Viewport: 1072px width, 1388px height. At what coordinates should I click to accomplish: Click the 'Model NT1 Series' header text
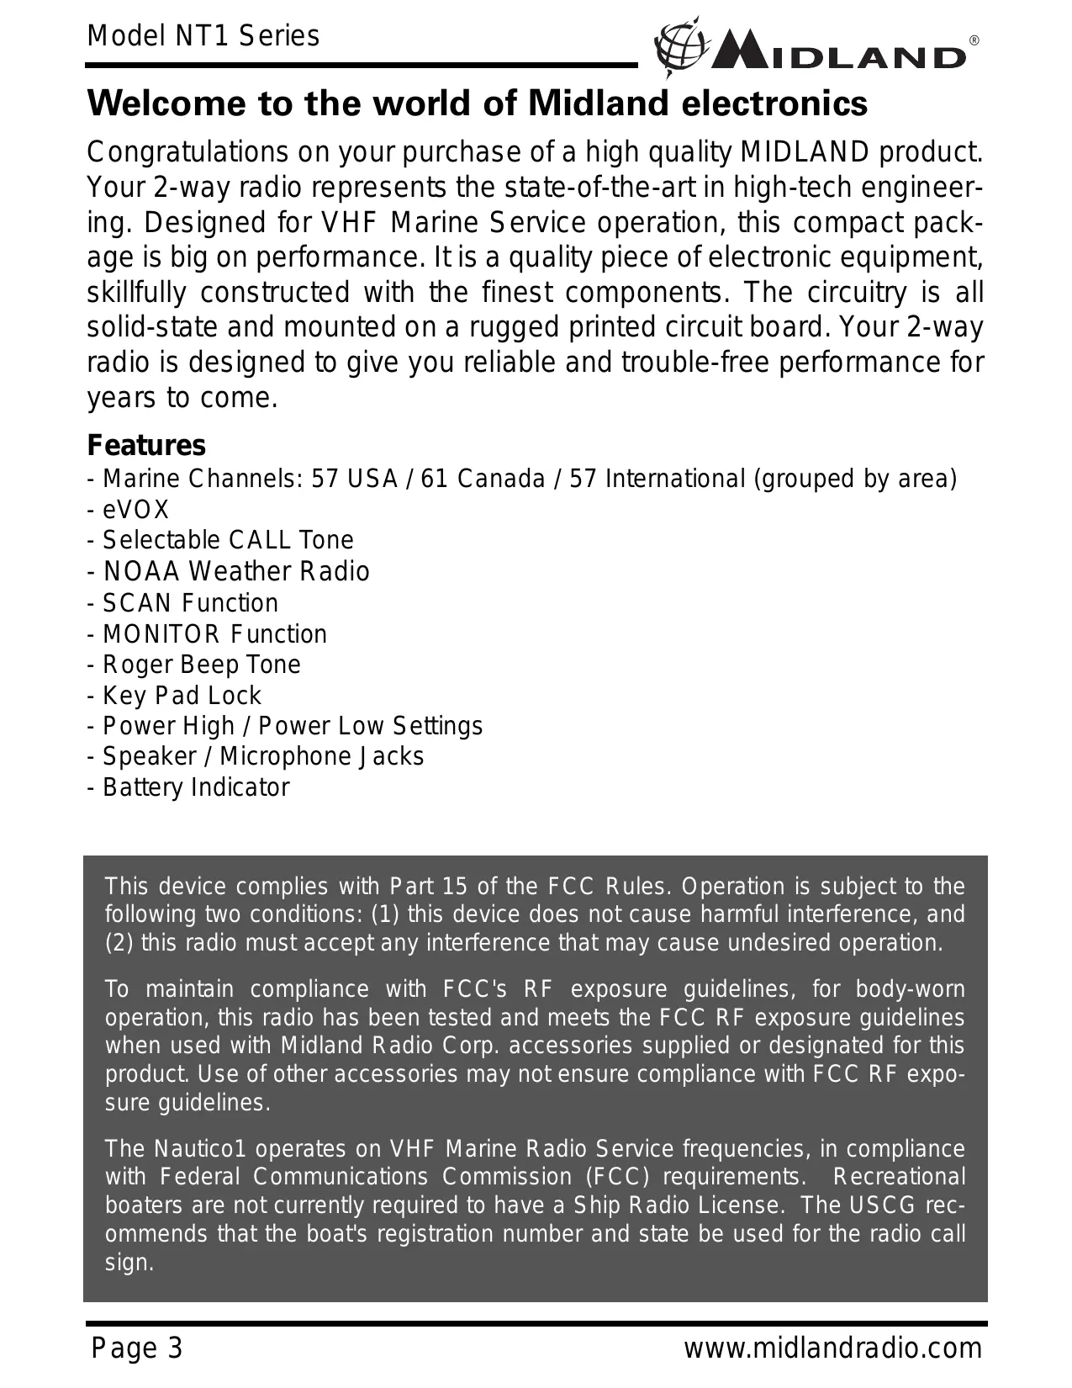[x=203, y=36]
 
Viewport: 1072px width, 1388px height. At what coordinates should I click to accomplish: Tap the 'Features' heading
[x=146, y=445]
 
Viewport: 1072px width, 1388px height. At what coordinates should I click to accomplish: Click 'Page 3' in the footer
[x=137, y=1348]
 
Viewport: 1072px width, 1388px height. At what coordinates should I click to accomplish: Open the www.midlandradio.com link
[x=832, y=1348]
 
